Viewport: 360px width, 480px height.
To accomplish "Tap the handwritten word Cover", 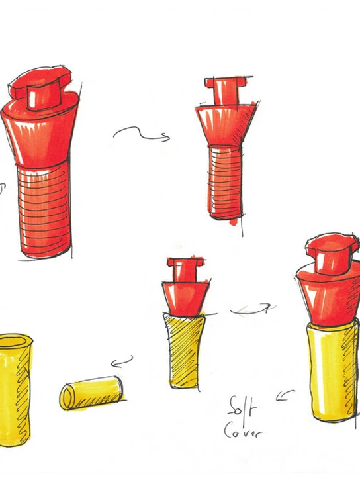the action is click(243, 430).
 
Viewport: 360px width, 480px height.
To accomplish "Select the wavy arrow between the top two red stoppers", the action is click(142, 134).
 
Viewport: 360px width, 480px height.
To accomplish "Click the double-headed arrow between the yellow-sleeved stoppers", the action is click(253, 309).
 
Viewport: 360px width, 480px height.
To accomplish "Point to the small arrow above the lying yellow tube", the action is click(122, 361).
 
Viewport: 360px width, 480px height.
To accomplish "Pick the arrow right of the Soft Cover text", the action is click(285, 395).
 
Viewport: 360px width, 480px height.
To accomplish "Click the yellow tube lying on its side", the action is click(92, 393).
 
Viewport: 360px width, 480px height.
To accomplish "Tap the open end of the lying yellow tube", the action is click(67, 397).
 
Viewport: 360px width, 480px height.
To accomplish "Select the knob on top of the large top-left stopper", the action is click(40, 88).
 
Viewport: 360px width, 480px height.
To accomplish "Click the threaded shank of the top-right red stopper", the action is click(225, 183).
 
